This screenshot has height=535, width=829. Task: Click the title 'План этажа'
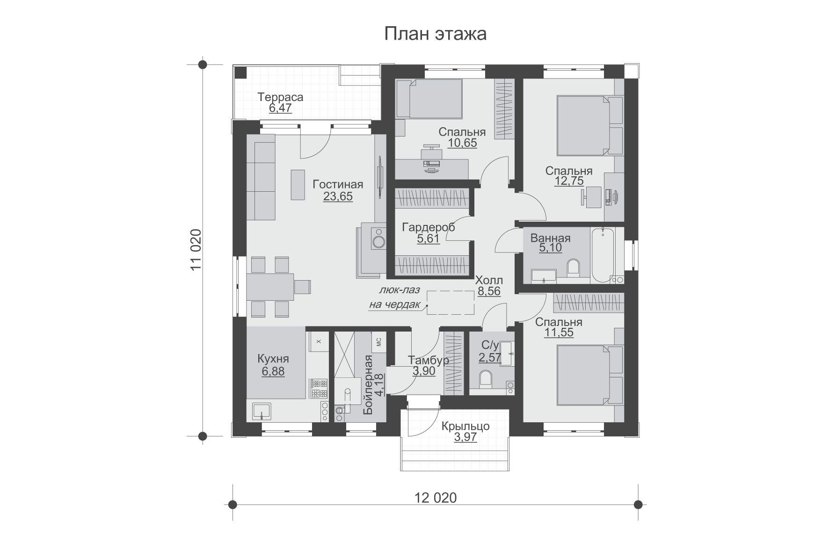(x=435, y=34)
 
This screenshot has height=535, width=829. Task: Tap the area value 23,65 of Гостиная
(x=338, y=196)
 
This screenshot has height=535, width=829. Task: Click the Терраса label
(x=280, y=97)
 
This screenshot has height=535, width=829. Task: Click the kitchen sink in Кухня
(x=261, y=411)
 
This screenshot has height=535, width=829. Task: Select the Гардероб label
(x=429, y=227)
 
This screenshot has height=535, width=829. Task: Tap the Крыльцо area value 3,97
(x=465, y=438)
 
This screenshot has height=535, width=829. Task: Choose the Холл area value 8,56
(x=489, y=292)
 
